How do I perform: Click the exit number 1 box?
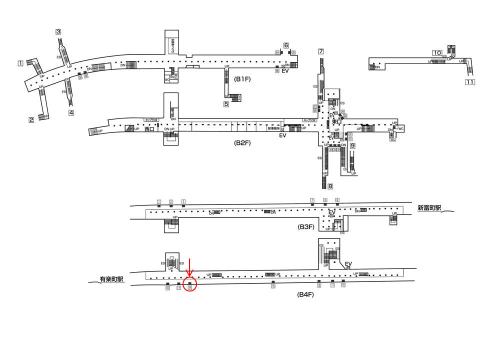click(x=20, y=63)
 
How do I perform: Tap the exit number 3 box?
click(x=58, y=32)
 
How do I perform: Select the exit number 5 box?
click(x=226, y=104)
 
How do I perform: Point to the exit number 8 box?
click(x=330, y=186)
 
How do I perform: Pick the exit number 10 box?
click(x=437, y=52)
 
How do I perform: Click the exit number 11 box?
click(x=469, y=82)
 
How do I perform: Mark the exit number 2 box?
click(x=31, y=119)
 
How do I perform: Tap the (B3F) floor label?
click(x=305, y=227)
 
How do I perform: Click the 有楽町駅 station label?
click(x=111, y=279)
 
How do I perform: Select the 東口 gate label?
click(x=336, y=121)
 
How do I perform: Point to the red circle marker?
click(x=190, y=285)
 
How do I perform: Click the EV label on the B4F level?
click(x=348, y=264)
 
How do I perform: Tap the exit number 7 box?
click(x=320, y=51)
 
